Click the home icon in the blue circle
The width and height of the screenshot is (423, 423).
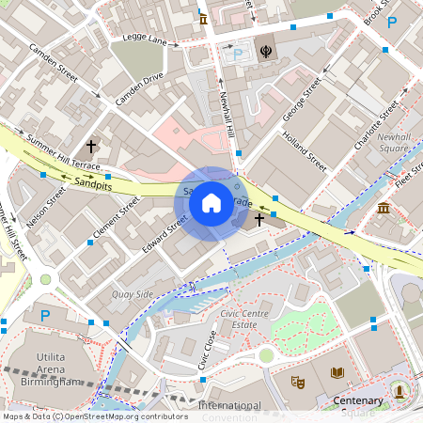pyautogui.click(x=211, y=201)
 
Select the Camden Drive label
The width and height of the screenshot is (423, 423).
pyautogui.click(x=139, y=88)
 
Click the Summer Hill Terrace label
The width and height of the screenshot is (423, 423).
pyautogui.click(x=64, y=152)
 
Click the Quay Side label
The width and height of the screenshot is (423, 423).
pyautogui.click(x=132, y=294)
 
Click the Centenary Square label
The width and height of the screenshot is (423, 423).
pyautogui.click(x=358, y=406)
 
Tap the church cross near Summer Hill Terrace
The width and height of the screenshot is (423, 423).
pyautogui.click(x=91, y=147)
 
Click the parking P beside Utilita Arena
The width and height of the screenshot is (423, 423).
pyautogui.click(x=43, y=316)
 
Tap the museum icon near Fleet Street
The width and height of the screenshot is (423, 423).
pyautogui.click(x=384, y=208)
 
